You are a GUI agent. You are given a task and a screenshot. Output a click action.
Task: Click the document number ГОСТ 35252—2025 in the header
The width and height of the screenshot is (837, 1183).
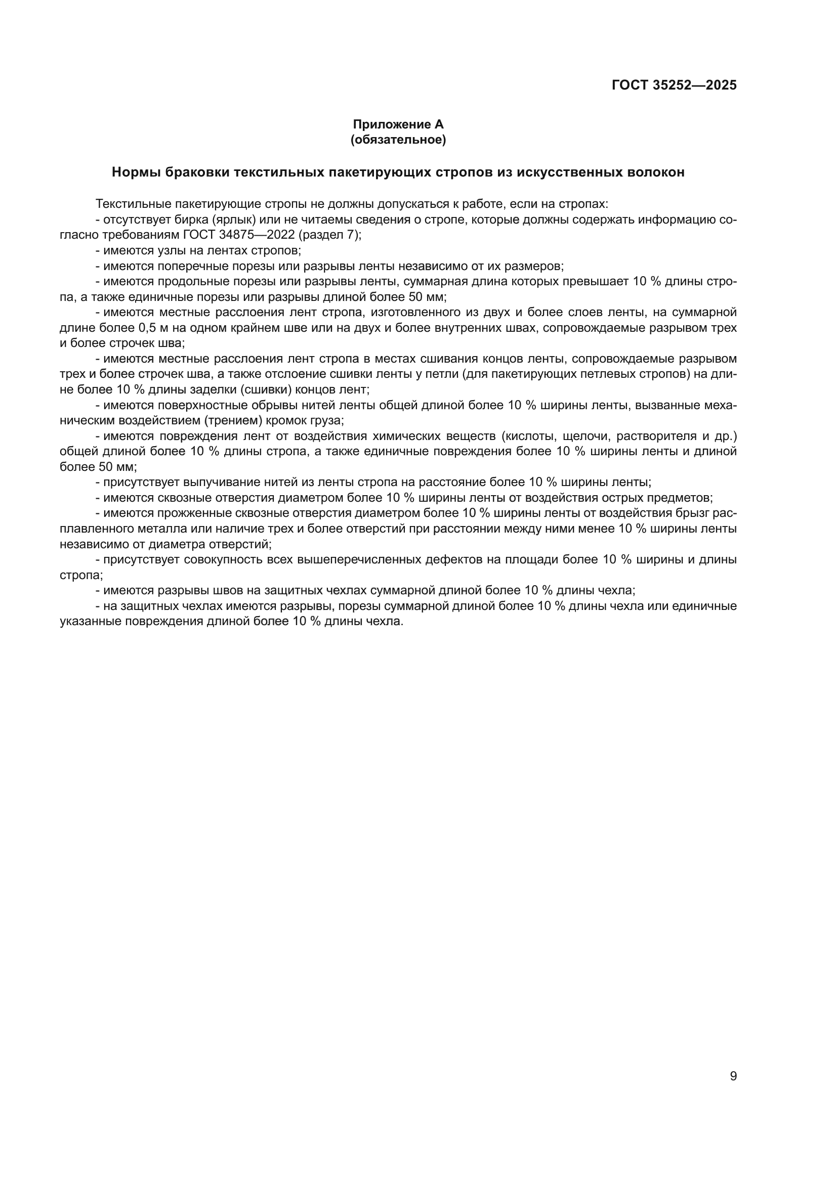click(674, 85)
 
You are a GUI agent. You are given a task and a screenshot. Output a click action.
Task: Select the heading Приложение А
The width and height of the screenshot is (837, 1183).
click(398, 124)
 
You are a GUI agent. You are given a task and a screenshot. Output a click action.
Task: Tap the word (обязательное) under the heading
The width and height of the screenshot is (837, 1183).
click(398, 140)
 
